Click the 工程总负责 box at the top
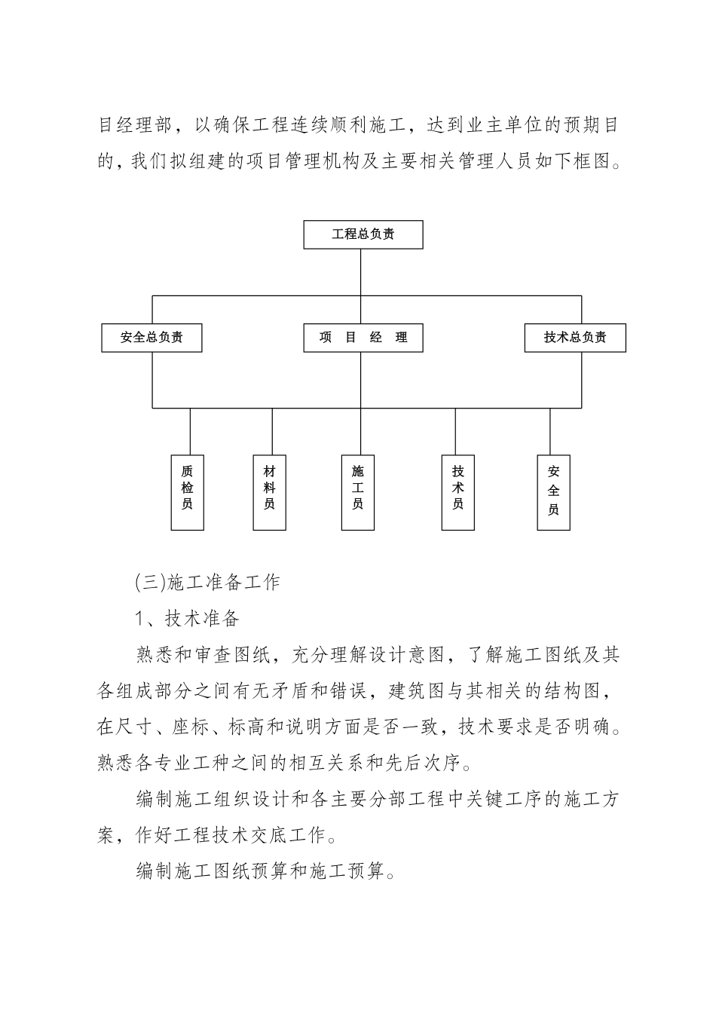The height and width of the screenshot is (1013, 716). point(363,234)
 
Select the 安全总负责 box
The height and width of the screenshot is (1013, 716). point(152,338)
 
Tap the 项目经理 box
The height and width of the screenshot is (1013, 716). point(363,338)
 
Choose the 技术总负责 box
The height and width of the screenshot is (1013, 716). point(575,338)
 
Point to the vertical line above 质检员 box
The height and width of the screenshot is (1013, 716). point(190,431)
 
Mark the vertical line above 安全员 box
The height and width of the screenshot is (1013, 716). point(550,431)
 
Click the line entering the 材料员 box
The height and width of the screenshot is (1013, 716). point(272,431)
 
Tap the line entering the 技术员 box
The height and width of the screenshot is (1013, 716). point(455,431)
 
